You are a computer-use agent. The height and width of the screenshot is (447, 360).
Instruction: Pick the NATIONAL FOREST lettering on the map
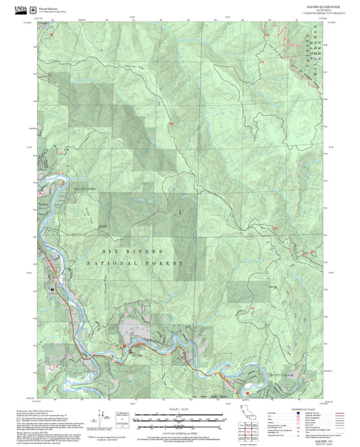pos(135,263)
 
